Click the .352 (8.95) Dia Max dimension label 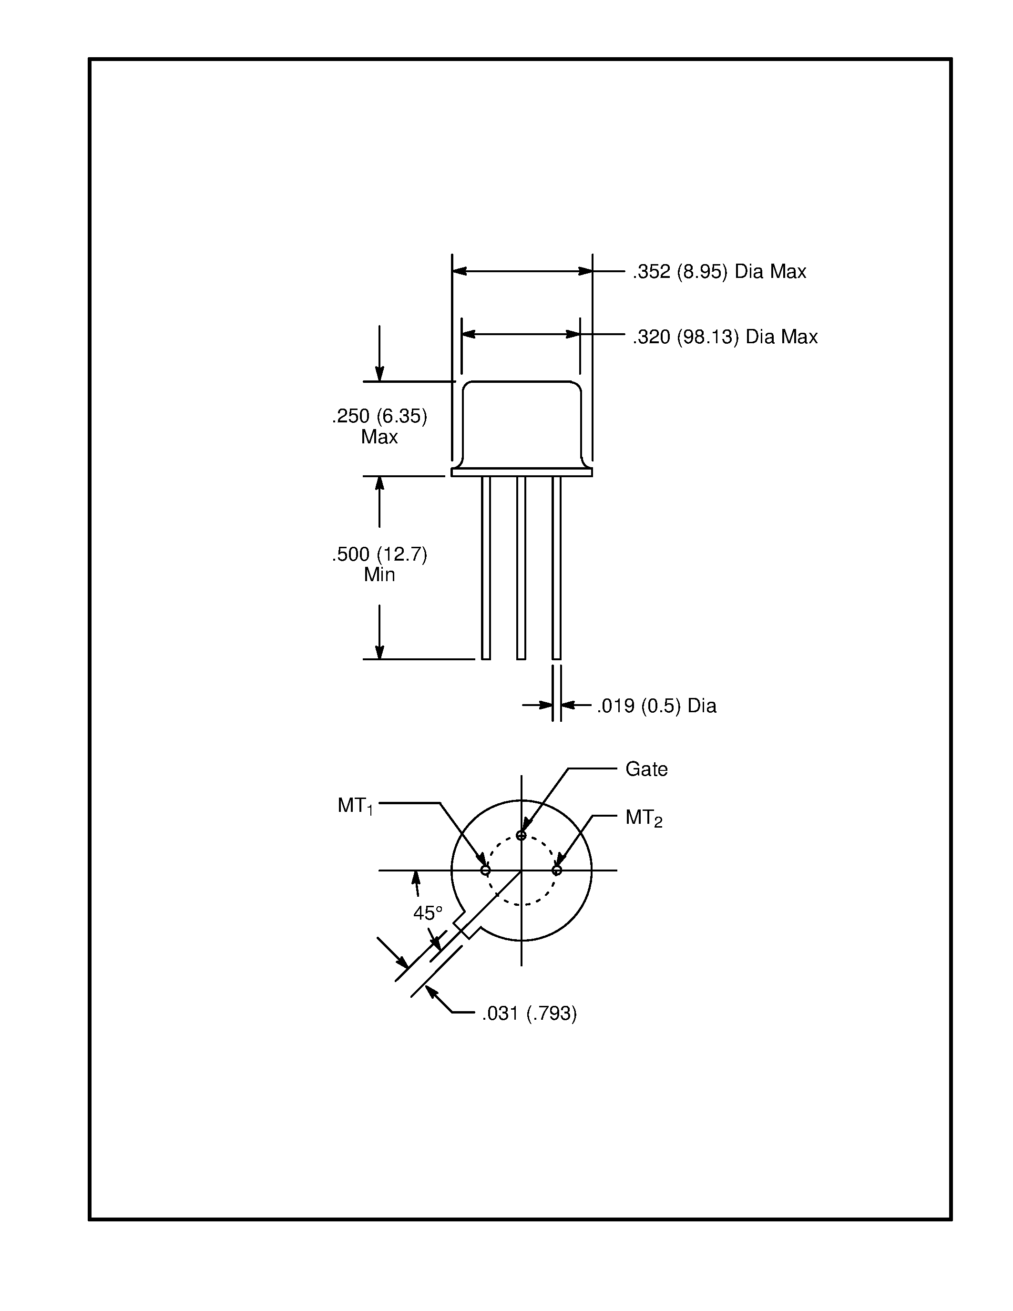(719, 272)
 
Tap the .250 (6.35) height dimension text (379, 416)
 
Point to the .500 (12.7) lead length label (379, 554)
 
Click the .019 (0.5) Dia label (656, 706)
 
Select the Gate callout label (646, 769)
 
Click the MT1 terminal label (355, 806)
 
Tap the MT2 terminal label (644, 818)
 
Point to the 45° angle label (427, 913)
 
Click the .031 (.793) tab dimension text (529, 1013)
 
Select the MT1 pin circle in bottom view (485, 871)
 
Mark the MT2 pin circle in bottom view (557, 871)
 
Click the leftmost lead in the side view (485, 567)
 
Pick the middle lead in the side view (521, 567)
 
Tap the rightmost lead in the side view (556, 567)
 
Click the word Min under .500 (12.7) (379, 575)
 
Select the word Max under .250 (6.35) (379, 437)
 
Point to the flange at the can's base (522, 472)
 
